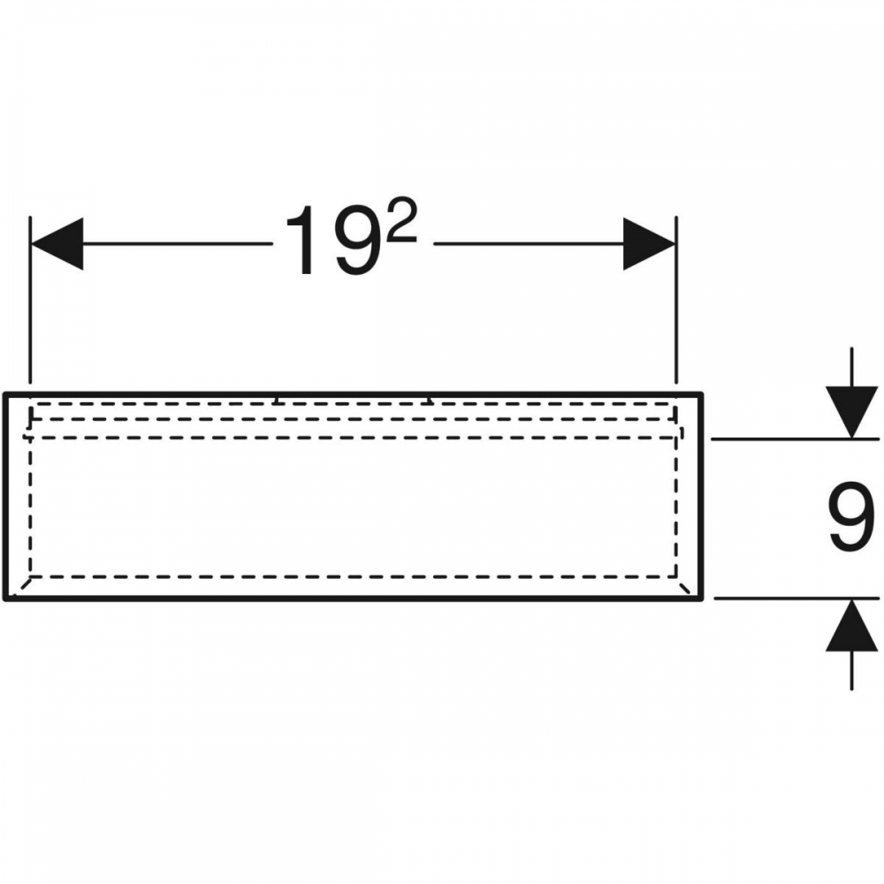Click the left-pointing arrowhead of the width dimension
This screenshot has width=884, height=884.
tap(57, 244)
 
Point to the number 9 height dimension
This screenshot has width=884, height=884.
tap(851, 516)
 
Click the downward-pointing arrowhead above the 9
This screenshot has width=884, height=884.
tap(851, 412)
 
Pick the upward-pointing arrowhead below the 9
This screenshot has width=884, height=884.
tap(851, 625)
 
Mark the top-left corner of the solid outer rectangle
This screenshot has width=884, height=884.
tap(5, 393)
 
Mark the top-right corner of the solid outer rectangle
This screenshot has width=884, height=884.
tap(701, 393)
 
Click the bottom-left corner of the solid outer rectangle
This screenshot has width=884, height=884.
tap(5, 598)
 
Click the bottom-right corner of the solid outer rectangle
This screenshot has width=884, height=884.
tap(701, 598)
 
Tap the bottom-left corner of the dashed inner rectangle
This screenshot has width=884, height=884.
tap(30, 576)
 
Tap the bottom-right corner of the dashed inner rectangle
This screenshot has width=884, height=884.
tap(676, 576)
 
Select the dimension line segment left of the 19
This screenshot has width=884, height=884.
tap(179, 244)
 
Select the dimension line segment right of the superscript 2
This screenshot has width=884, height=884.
tap(529, 244)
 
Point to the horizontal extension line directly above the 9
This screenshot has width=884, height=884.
tap(795, 438)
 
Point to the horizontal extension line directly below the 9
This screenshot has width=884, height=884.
tap(796, 598)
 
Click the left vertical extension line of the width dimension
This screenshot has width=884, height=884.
tap(30, 300)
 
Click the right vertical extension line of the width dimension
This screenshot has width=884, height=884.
tap(676, 300)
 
